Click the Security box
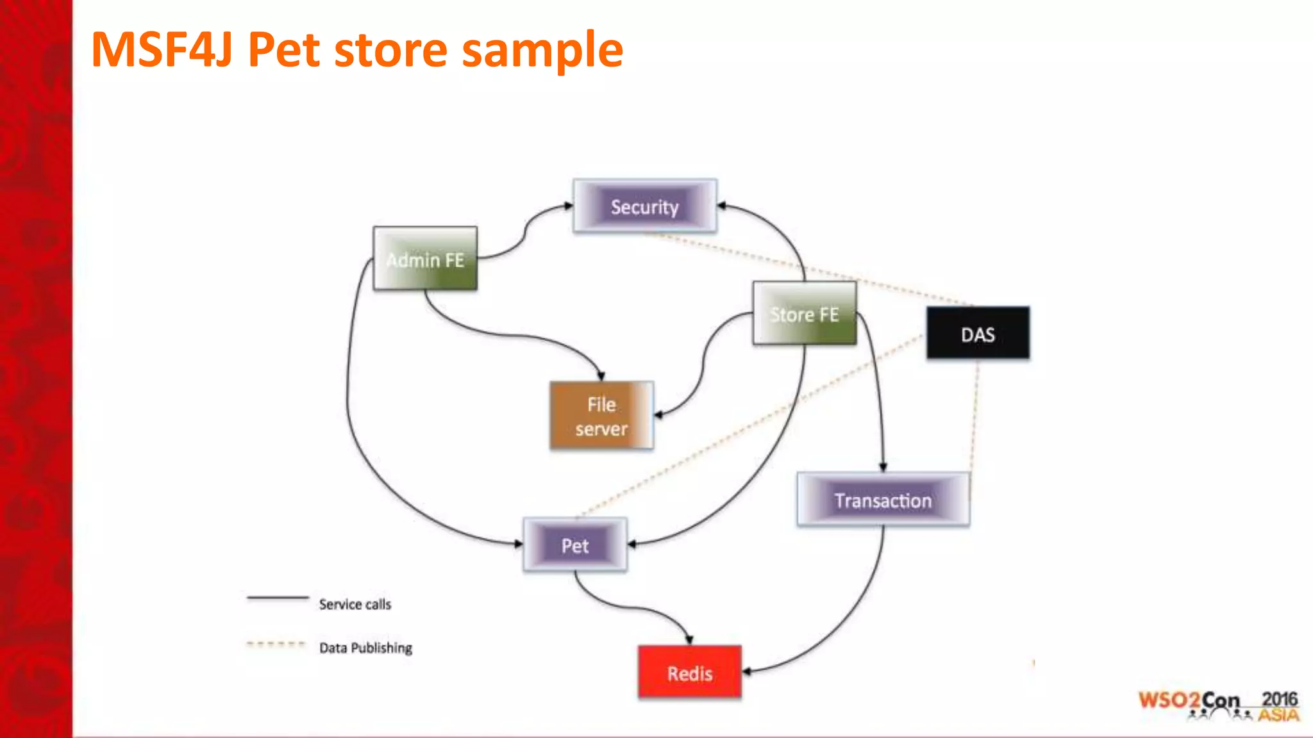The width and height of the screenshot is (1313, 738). [x=644, y=206]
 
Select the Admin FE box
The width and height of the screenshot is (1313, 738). [x=425, y=259]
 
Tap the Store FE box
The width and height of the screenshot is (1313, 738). [x=804, y=314]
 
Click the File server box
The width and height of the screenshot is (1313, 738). [x=601, y=416]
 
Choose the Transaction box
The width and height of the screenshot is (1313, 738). [x=883, y=500]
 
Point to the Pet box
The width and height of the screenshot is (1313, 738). [x=575, y=545]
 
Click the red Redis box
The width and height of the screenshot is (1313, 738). [x=689, y=673]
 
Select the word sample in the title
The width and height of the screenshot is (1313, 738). [x=542, y=50]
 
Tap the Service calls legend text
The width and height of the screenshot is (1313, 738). [x=355, y=604]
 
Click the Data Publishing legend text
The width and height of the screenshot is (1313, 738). [x=365, y=648]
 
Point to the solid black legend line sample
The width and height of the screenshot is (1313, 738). [x=278, y=598]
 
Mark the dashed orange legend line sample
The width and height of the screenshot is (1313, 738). [x=276, y=644]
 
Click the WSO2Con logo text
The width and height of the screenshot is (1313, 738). [x=1189, y=700]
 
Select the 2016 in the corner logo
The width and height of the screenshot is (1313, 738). [x=1279, y=699]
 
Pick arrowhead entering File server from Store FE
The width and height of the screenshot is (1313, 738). [x=658, y=414]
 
